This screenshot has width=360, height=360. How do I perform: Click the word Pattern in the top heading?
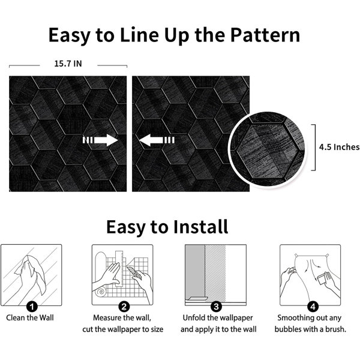tap(265, 35)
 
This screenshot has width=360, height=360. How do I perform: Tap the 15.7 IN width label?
tap(68, 64)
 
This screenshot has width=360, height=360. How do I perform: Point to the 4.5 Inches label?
tap(340, 147)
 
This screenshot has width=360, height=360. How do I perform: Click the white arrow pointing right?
tap(100, 140)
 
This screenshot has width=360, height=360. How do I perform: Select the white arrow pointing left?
tap(157, 140)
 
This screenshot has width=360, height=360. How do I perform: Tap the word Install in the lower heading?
tap(200, 226)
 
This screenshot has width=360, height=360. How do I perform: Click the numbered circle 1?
tap(32, 307)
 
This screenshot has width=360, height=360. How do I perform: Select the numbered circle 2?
tap(124, 307)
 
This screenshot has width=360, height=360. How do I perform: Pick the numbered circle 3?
tap(216, 307)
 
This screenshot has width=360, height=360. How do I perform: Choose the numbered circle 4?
tap(313, 307)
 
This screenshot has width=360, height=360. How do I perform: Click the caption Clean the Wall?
tap(30, 318)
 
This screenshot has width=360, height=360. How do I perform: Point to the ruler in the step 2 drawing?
tap(119, 269)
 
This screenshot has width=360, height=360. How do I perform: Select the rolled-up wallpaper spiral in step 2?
tap(101, 292)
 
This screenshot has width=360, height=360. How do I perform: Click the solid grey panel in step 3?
tap(195, 271)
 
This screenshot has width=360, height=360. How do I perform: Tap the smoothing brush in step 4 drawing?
tap(322, 280)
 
